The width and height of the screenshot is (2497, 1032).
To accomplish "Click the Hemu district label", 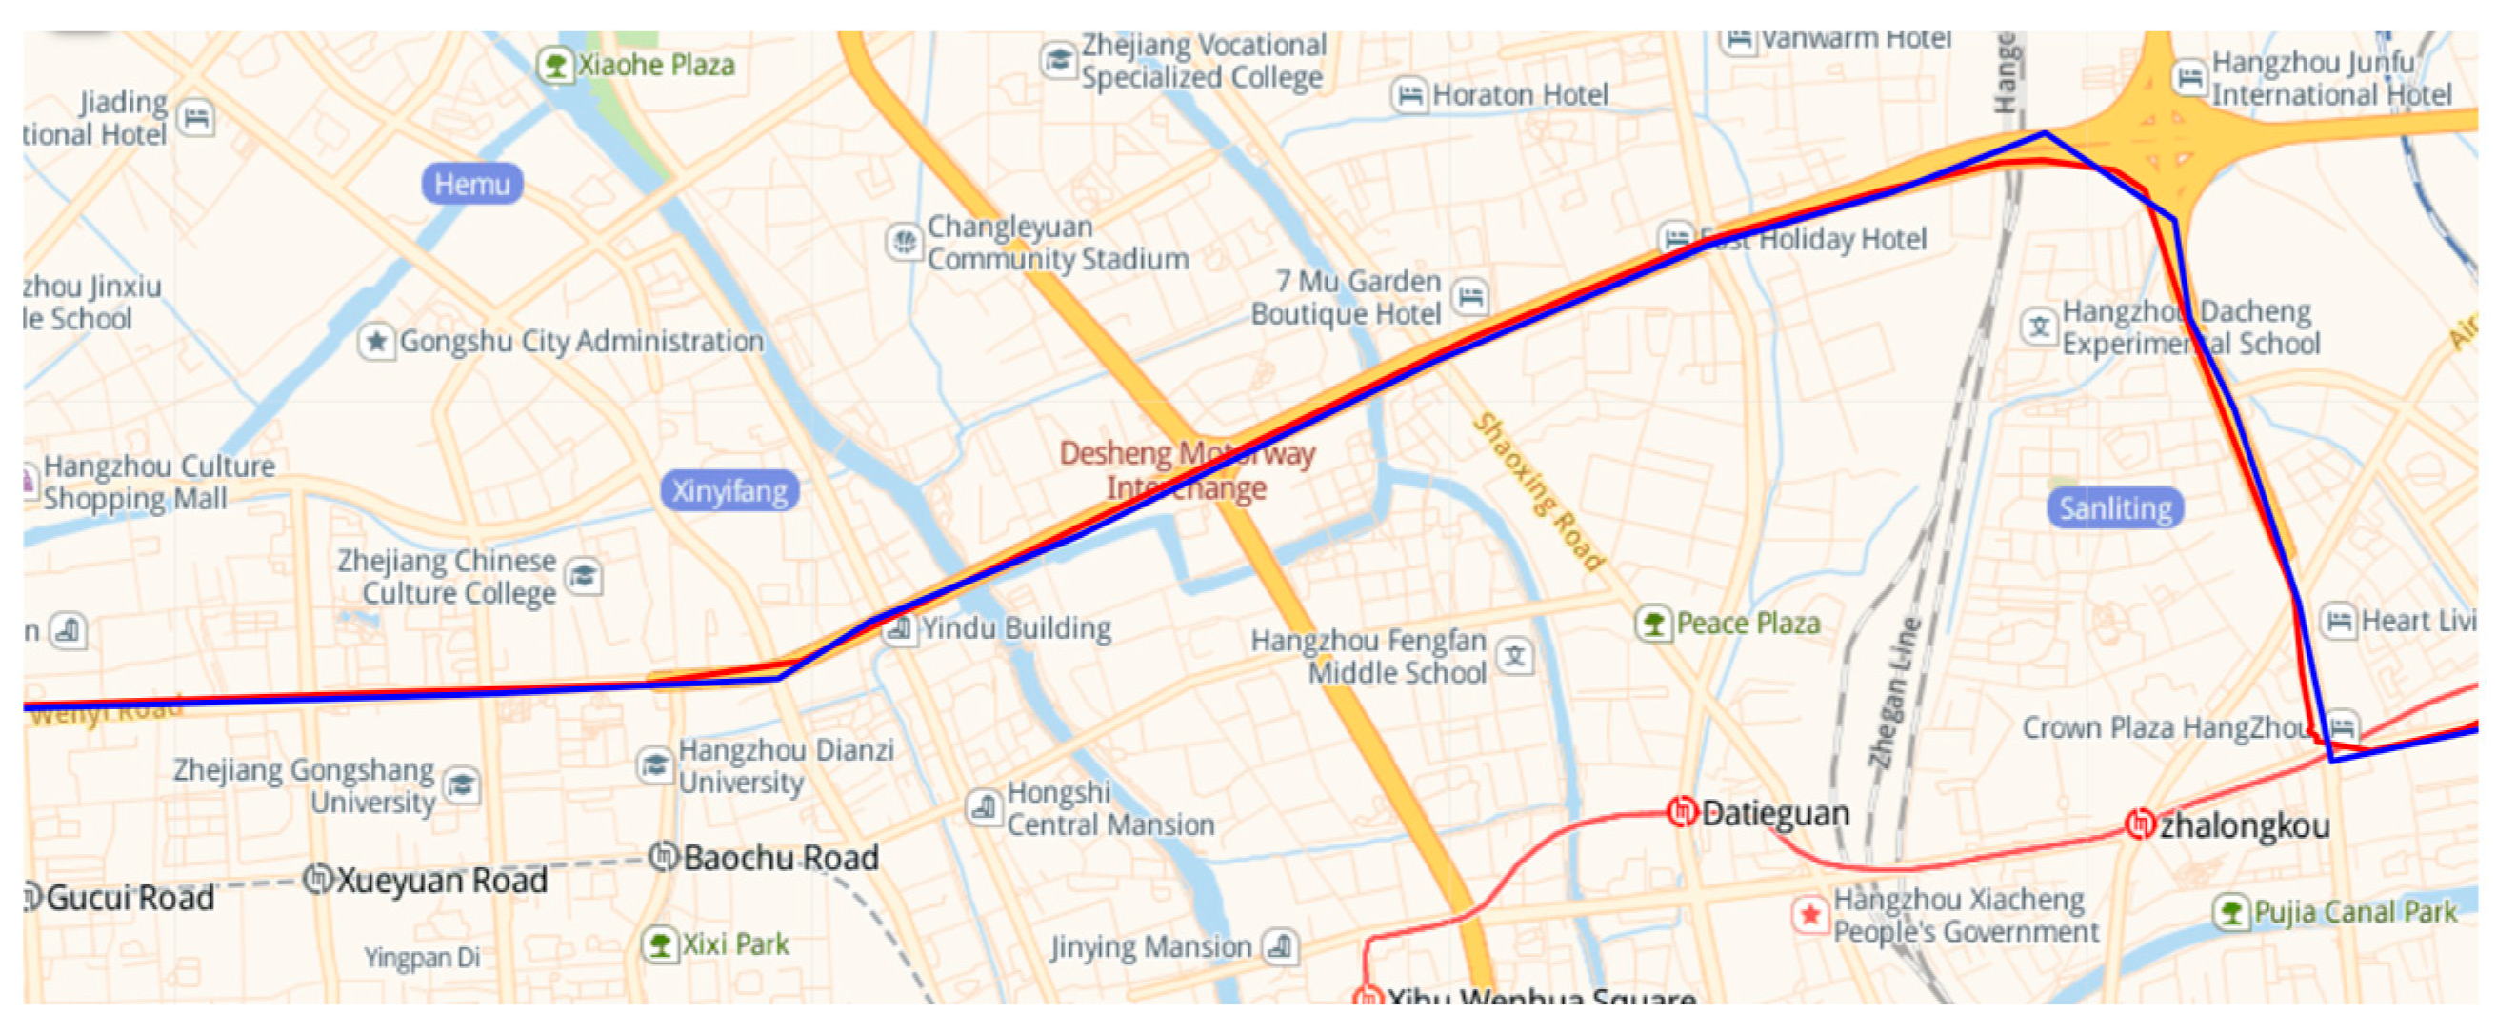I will point(472,183).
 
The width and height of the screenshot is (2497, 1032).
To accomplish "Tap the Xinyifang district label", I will point(729,490).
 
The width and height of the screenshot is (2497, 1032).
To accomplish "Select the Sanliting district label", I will point(2115,507).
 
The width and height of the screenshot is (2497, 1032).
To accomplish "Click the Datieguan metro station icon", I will point(1682,811).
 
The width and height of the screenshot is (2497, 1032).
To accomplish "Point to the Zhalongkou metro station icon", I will point(2139,824).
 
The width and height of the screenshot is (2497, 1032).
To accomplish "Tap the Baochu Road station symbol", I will point(664,856).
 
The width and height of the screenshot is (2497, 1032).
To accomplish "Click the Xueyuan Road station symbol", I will point(319,878).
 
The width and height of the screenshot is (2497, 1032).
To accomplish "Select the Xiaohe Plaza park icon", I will point(555,65).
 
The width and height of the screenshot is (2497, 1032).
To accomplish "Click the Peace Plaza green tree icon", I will point(1653,622).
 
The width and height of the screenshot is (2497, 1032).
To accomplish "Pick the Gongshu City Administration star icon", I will point(376,341).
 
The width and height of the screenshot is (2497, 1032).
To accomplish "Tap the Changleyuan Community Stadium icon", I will point(905,241).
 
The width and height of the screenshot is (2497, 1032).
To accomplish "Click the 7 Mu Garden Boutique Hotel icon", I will point(1470,295).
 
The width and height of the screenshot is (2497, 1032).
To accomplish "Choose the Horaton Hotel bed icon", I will point(1409,95).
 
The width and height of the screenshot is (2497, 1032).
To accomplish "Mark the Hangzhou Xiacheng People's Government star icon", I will point(1809,914).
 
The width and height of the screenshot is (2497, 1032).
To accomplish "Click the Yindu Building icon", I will point(899,628).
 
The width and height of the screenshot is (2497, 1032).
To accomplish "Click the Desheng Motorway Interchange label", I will point(1187,470).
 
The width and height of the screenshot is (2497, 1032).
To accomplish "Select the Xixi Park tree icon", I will point(660,943).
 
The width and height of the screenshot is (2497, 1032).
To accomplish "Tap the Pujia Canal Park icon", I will point(2230,911).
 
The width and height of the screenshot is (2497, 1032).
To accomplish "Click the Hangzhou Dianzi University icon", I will point(655,764).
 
